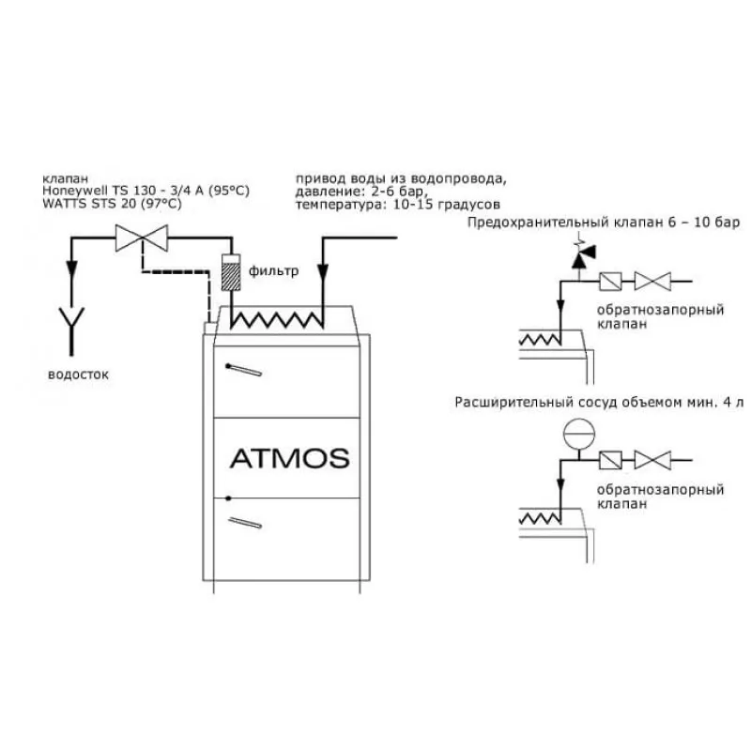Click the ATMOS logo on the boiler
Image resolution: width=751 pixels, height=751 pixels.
290,458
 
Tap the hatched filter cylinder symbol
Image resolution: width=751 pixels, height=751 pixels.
231,272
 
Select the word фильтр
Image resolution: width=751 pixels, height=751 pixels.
273,271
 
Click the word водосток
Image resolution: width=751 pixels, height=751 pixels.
78,375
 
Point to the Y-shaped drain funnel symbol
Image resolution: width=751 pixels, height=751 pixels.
71,330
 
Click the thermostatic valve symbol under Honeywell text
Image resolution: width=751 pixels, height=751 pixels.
142,238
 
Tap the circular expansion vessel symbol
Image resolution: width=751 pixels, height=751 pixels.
578,434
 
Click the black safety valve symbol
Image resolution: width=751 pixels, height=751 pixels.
582,256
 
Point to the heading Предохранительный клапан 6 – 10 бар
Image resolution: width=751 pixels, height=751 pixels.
604,222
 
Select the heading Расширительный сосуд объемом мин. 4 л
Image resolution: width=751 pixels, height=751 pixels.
599,403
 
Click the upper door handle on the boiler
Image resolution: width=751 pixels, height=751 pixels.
243,370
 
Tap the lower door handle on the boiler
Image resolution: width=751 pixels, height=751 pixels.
245,523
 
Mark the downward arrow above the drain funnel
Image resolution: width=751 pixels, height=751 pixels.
72,269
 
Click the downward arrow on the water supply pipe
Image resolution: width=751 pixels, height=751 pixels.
323,272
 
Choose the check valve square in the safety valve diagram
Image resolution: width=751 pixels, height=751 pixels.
611,281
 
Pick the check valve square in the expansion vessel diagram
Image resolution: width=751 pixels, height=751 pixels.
611,460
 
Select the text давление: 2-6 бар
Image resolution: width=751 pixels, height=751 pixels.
360,192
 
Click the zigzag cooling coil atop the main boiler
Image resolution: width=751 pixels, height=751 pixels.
277,319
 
